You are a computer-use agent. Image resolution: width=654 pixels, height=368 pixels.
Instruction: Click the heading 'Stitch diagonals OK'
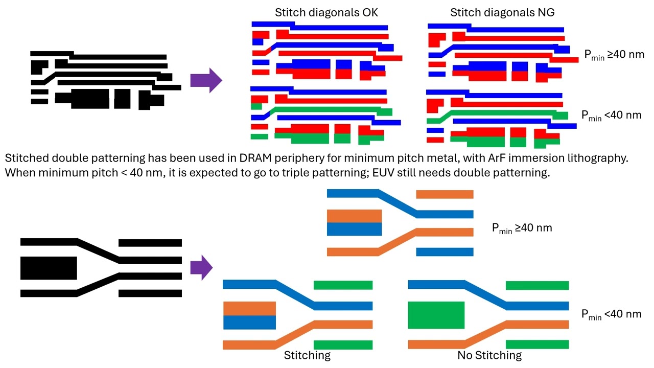coord(326,13)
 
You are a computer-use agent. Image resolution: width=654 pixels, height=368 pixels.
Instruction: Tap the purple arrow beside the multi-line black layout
coord(206,80)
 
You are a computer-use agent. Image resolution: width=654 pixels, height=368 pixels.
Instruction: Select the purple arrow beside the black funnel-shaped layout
coord(201,267)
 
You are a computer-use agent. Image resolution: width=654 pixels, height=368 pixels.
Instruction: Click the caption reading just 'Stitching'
coord(307,355)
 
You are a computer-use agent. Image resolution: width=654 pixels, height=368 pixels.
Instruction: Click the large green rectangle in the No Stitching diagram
coord(436,315)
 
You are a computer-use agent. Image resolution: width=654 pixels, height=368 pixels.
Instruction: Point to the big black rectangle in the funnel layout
coord(49,267)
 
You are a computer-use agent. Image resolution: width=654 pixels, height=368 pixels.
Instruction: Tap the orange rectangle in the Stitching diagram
coord(249,308)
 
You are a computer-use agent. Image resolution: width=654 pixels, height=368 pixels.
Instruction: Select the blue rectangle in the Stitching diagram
coord(249,322)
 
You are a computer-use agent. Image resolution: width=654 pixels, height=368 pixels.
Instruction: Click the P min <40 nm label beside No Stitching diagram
coord(611,314)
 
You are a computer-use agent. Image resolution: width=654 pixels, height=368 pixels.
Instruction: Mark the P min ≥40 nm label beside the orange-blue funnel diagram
coord(522,228)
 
